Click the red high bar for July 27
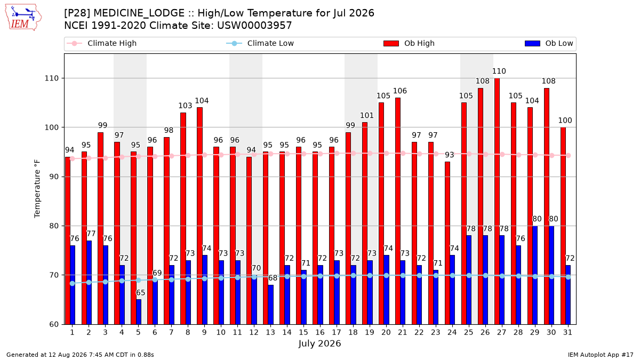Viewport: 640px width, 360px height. pos(497,201)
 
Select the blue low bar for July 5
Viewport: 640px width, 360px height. pos(139,311)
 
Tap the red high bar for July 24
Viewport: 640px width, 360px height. pos(447,243)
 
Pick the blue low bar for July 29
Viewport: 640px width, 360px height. pos(535,275)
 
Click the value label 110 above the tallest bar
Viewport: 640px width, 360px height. pos(499,71)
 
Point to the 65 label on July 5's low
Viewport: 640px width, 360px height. pos(140,293)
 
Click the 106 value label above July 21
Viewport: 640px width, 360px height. pos(399,91)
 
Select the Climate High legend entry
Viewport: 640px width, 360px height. pos(101,43)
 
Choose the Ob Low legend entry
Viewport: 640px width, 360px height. pos(549,43)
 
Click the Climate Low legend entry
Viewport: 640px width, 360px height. pos(260,43)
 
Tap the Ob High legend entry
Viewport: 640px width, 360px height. pos(409,43)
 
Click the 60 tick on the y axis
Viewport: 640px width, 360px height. pos(53,324)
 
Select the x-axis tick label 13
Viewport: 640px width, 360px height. pos(270,332)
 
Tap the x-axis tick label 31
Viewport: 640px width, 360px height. pos(567,332)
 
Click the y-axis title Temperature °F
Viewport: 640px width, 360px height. pos(37,189)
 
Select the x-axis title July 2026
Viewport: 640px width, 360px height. pos(319,343)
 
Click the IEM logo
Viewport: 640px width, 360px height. pos(23,18)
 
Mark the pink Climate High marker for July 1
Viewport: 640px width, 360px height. pos(73,158)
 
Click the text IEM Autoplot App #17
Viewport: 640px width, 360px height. pos(601,355)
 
